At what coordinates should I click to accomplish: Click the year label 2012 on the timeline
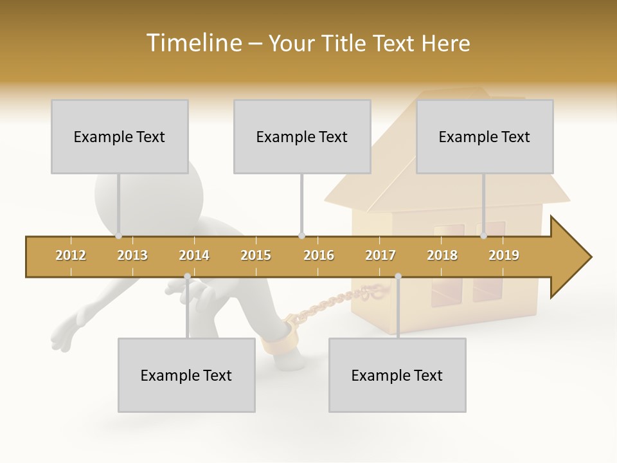[x=71, y=255]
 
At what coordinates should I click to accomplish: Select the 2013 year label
[x=132, y=255]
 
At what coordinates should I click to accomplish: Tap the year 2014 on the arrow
[x=194, y=255]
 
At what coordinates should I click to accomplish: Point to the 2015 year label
[x=256, y=255]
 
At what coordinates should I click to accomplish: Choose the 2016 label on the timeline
[x=319, y=255]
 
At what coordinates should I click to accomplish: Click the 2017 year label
[x=380, y=255]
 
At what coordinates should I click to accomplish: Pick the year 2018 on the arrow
[x=442, y=255]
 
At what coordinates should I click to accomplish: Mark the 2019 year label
[x=504, y=255]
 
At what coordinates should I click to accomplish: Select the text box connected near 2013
[x=120, y=136]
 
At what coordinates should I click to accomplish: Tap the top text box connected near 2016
[x=302, y=136]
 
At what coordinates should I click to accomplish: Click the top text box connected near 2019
[x=485, y=136]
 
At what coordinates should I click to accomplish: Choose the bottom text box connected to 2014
[x=186, y=375]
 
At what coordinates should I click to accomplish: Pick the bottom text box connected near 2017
[x=397, y=375]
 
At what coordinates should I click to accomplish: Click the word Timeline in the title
[x=193, y=43]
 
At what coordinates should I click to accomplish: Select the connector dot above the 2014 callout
[x=187, y=277]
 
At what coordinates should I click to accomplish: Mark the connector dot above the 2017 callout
[x=398, y=277]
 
